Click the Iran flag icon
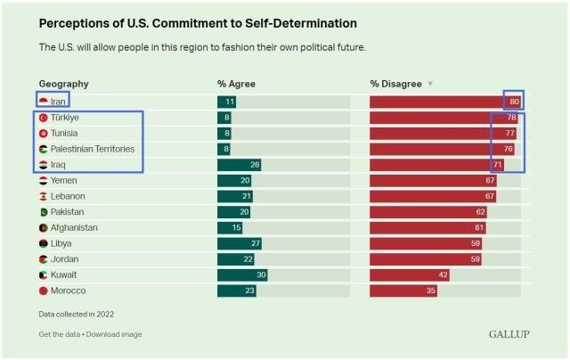(43, 102)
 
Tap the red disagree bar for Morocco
(403, 290)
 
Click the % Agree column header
(235, 84)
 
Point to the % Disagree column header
(395, 84)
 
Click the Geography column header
(64, 84)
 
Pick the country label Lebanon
(68, 196)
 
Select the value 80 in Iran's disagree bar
(514, 102)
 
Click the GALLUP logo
(509, 334)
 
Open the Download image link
(115, 334)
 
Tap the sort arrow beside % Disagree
(430, 85)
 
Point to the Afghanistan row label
(74, 227)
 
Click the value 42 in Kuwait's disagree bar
(442, 274)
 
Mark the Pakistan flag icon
(43, 212)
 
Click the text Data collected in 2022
(76, 314)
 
